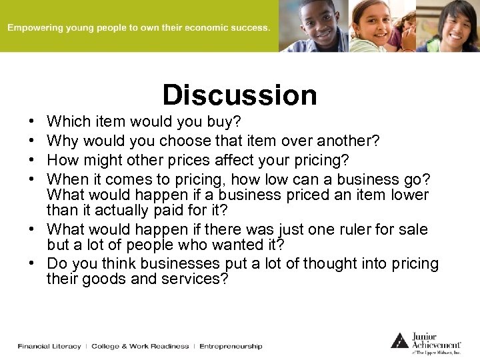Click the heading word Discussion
[x=240, y=95]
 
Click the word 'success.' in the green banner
[x=252, y=28]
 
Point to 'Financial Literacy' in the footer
[x=49, y=346]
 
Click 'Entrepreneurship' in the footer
[x=231, y=346]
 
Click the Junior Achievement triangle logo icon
[x=399, y=340]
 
